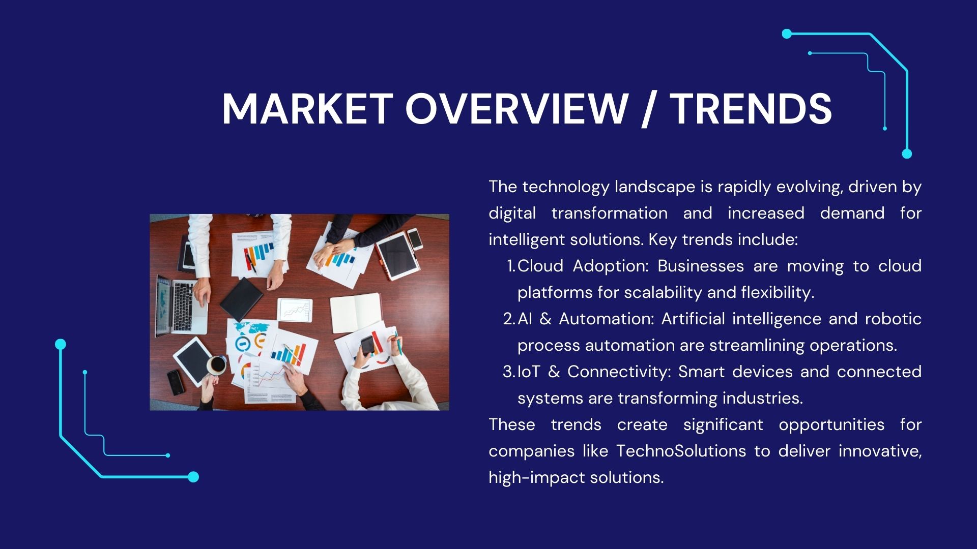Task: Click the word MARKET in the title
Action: coord(307,109)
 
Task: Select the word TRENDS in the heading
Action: coord(751,109)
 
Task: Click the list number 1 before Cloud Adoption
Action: coord(511,266)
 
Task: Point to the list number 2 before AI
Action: coord(509,319)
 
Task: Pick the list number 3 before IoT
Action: coord(509,372)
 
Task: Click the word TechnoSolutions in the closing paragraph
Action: coord(681,451)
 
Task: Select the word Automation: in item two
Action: coord(607,319)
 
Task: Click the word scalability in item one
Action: coord(663,293)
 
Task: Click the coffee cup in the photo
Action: coord(216,364)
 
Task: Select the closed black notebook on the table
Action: coord(241,299)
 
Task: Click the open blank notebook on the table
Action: coord(356,312)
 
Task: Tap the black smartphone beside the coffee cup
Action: coord(176,382)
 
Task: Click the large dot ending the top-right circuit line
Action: coord(907,154)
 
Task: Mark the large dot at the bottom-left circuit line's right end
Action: coord(193,477)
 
